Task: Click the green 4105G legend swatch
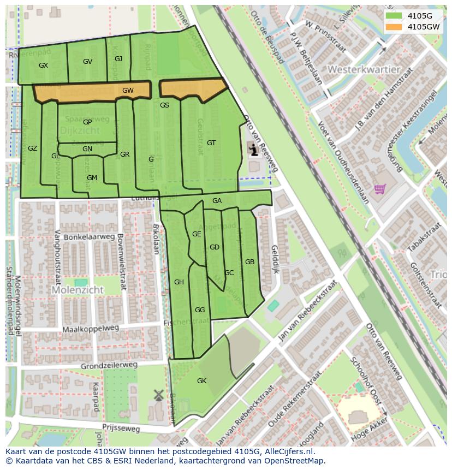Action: tap(393, 16)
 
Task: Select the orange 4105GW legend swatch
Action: tap(393, 27)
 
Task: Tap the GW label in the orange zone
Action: tap(128, 91)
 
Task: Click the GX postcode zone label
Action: tap(44, 65)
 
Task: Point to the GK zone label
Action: tap(201, 380)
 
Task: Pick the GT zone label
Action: tap(211, 143)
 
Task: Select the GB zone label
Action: tap(249, 262)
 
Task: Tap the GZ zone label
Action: tap(32, 148)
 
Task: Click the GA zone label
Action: tap(217, 201)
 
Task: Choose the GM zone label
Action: tap(92, 178)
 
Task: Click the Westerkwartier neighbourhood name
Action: tap(364, 70)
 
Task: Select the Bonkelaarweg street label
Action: tap(90, 237)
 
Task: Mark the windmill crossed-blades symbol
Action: tap(159, 395)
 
